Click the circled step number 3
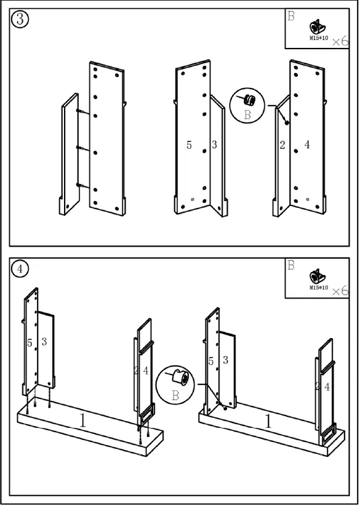coord(20,19)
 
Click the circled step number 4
coord(20,269)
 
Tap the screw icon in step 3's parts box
coord(317,27)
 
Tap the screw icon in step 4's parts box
coord(317,277)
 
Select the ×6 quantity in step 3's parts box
coord(340,41)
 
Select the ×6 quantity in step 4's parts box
coord(340,291)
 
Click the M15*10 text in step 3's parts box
coord(318,38)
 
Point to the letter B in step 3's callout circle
coord(247,115)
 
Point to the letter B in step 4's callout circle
coord(175,395)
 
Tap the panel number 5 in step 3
coord(189,145)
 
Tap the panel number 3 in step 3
coord(214,145)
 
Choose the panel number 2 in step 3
coord(282,145)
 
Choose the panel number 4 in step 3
coord(306,145)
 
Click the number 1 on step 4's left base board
coord(82,421)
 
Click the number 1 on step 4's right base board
coord(268,422)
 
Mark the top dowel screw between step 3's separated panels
coord(81,112)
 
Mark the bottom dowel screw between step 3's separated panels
coord(81,185)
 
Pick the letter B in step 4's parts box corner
coord(291,265)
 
